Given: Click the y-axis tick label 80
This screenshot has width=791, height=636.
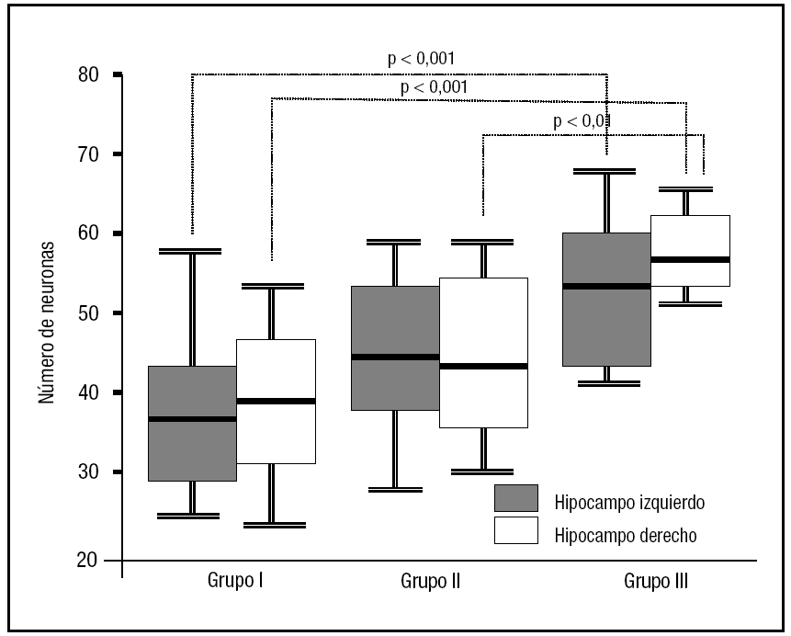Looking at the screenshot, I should [x=91, y=74].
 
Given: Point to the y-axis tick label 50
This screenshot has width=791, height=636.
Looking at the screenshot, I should [x=91, y=313].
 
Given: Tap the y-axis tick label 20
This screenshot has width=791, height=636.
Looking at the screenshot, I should [x=91, y=560].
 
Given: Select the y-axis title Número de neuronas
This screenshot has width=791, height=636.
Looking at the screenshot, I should [x=45, y=322].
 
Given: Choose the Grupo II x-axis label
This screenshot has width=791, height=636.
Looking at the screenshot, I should [x=432, y=581].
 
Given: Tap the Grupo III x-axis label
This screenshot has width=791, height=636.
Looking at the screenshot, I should [x=656, y=581].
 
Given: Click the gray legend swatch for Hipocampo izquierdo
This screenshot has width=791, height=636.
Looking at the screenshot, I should [x=515, y=498].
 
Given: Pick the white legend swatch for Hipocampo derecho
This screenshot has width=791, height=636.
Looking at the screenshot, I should [x=515, y=530].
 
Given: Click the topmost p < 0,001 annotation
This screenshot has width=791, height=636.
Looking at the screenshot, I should [x=420, y=60].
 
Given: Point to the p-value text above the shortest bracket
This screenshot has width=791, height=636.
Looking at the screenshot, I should [x=582, y=120].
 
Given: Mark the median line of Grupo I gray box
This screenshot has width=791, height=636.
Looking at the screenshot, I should [x=192, y=419].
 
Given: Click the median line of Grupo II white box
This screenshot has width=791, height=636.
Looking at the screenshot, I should [x=484, y=366].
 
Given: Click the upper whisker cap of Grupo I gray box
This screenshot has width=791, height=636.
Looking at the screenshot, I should [x=192, y=251].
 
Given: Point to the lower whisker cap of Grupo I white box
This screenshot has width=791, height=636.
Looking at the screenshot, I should [x=272, y=525].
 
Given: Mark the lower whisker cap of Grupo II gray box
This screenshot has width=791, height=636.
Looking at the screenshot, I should [x=395, y=490].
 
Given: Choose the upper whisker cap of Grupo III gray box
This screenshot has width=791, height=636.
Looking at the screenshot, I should [x=607, y=171].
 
